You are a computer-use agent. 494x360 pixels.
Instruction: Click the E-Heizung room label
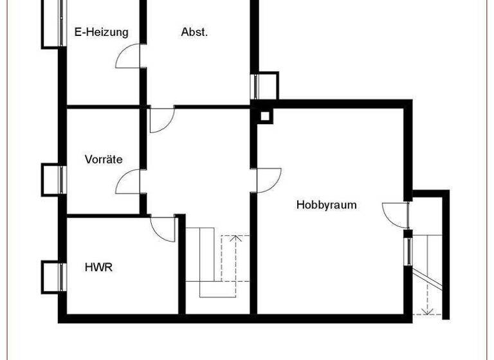pos(101,32)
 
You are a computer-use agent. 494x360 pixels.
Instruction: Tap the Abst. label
pos(194,32)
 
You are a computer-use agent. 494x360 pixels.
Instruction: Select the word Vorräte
pos(104,159)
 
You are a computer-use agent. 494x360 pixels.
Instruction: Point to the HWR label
pos(98,267)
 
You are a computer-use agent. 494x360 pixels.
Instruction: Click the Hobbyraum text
pos(326,205)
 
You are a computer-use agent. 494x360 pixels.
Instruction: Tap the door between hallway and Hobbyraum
pos(268,179)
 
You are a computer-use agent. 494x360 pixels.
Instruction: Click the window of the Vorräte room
pos(53,179)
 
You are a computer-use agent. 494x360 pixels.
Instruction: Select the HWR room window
pos(53,276)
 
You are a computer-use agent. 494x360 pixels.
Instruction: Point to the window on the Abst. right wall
pos(266,85)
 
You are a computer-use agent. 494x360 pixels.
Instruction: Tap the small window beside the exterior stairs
pos(408,248)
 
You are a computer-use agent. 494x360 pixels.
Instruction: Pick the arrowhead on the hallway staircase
pos(236,239)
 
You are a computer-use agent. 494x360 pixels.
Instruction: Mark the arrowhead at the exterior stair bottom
pos(426,312)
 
